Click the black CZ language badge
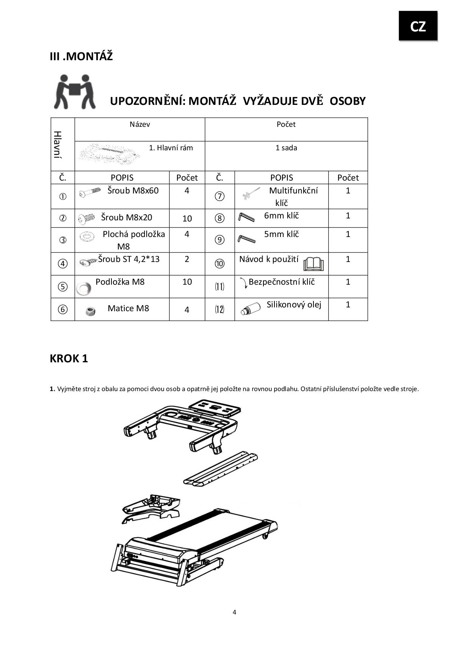418,26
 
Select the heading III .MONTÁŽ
81,56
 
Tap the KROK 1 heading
69,358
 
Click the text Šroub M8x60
133,190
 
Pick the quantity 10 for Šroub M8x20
187,218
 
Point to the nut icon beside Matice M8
90,311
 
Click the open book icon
314,264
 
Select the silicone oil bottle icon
250,309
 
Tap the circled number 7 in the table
219,196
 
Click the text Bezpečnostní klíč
282,282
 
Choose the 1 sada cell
286,148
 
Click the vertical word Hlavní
58,145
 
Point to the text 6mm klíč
281,215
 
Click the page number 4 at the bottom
234,612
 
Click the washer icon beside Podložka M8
83,288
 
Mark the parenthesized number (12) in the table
219,309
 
